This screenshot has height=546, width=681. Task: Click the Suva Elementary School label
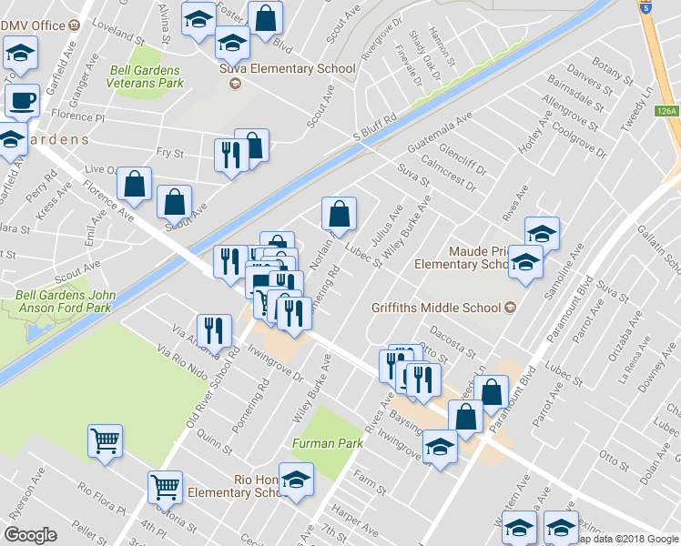pyautogui.click(x=287, y=69)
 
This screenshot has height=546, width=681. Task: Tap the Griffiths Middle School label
pyautogui.click(x=437, y=307)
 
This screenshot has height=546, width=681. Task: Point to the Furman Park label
pyautogui.click(x=328, y=443)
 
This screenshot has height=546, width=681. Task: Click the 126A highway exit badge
pyautogui.click(x=666, y=111)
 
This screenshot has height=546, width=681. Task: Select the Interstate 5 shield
pyautogui.click(x=646, y=7)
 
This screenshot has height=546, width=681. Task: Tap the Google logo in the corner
pyautogui.click(x=30, y=535)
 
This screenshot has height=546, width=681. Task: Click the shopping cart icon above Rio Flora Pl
pyautogui.click(x=105, y=441)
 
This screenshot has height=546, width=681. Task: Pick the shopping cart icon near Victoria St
pyautogui.click(x=165, y=488)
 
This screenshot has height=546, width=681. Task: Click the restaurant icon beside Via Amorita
pyautogui.click(x=214, y=329)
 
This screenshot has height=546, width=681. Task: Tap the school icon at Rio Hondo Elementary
pyautogui.click(x=296, y=479)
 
